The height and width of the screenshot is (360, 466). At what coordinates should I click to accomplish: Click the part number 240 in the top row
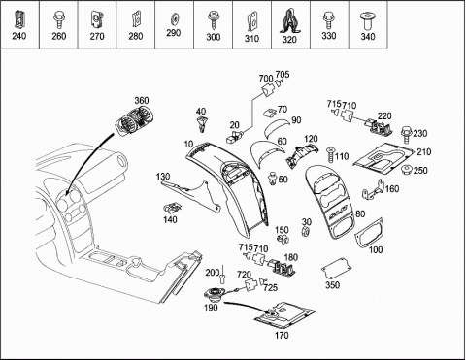point(19,36)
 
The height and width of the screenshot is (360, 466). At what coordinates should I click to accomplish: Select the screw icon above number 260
point(58,19)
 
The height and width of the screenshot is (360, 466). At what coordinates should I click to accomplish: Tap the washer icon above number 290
point(174,20)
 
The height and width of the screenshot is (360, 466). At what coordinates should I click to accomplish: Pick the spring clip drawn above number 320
point(290,21)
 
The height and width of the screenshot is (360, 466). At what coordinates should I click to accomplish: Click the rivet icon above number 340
point(368,21)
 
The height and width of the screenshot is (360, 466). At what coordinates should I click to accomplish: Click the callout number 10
point(188,145)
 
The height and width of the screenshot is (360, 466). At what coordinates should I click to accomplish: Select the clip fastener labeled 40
point(202,124)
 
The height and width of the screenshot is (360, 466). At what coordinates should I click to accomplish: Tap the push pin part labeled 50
point(273,179)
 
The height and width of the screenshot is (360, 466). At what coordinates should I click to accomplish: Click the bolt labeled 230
point(406,135)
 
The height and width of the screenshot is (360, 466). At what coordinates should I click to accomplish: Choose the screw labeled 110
point(330,155)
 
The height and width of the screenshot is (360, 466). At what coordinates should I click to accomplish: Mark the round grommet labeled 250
point(406,170)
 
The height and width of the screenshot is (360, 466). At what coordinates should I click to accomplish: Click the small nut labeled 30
point(305,232)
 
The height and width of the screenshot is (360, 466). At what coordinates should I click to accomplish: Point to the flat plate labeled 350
point(336,269)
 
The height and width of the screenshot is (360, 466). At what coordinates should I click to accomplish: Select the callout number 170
point(282,336)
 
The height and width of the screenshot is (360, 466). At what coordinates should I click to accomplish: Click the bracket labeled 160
point(373,189)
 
